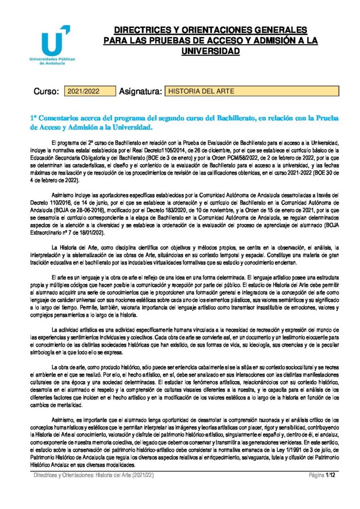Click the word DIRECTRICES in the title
[137, 30]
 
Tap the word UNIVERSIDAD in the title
[211, 51]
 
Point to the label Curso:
[46, 91]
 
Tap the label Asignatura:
[141, 91]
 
